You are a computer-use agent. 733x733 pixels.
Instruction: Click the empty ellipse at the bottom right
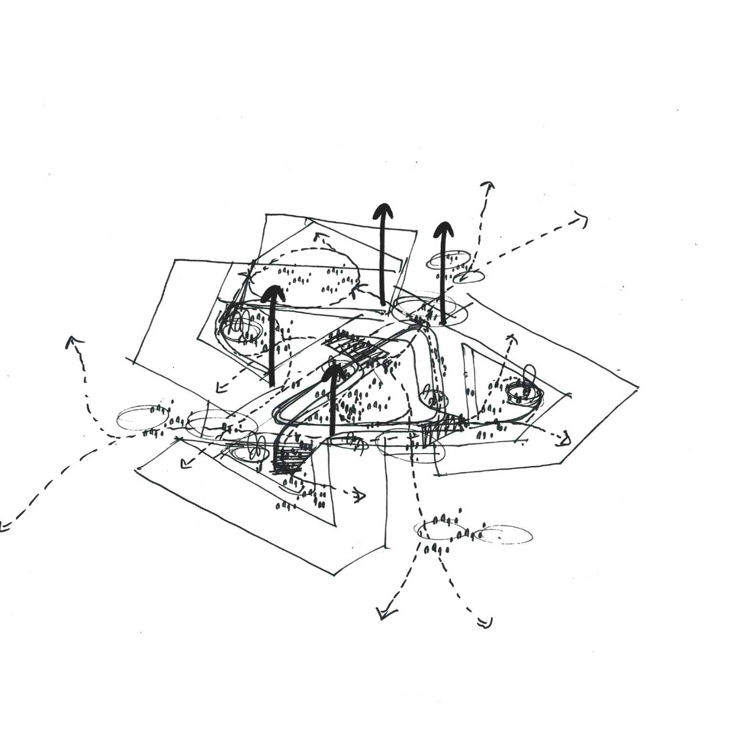[506, 534]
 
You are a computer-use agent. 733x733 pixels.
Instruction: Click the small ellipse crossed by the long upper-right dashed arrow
[468, 276]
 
